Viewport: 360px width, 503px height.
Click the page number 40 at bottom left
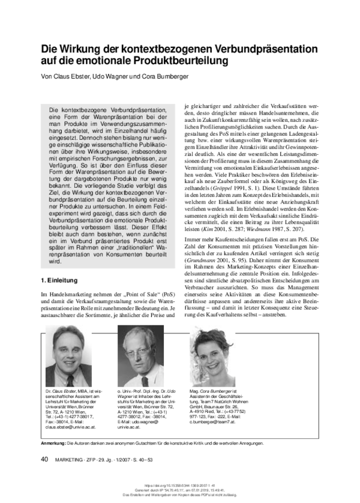point(45,459)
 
